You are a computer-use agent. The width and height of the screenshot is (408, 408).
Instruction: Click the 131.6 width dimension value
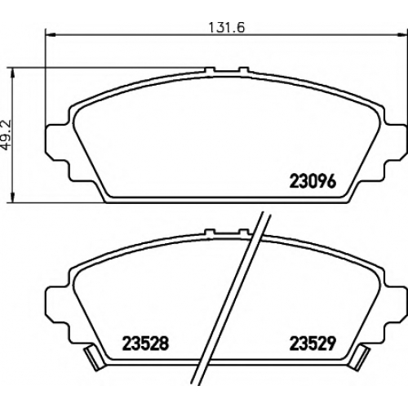click(x=227, y=27)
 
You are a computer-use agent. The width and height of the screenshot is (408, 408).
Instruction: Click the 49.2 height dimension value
click(x=7, y=135)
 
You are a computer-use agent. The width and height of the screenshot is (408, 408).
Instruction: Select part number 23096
click(x=313, y=181)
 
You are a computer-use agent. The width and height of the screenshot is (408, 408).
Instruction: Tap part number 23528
click(x=145, y=344)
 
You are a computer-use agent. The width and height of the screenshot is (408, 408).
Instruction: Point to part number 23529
click(x=313, y=344)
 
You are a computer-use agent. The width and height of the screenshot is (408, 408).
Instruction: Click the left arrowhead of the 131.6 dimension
click(x=50, y=34)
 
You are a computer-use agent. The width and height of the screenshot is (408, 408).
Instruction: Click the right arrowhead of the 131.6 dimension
click(x=402, y=34)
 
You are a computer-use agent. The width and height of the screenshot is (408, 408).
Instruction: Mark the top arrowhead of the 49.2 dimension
click(x=12, y=73)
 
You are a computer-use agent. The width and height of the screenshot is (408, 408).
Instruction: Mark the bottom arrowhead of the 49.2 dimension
click(x=12, y=197)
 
